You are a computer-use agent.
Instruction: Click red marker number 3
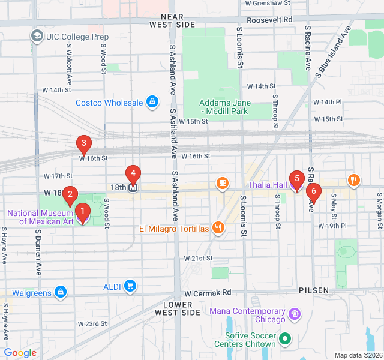83,143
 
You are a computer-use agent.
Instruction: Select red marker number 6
313,192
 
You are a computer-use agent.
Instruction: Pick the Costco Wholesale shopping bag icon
153,103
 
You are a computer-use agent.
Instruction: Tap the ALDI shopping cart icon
130,286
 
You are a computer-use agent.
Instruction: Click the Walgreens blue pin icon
60,292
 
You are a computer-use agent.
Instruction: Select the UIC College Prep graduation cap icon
37,37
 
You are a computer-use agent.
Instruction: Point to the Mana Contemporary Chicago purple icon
294,314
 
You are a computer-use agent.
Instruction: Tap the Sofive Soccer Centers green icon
286,340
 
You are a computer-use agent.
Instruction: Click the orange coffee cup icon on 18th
222,182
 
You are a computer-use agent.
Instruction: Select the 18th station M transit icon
133,187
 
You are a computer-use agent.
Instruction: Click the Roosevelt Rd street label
271,19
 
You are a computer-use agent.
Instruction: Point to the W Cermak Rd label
208,293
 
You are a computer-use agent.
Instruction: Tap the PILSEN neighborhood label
314,290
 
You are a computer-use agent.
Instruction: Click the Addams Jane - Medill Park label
225,107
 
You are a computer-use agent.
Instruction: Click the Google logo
20,353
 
